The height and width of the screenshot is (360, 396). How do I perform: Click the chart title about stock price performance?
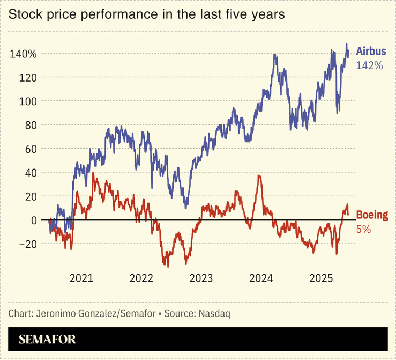coord(146,14)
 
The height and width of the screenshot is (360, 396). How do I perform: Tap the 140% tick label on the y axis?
coord(23,54)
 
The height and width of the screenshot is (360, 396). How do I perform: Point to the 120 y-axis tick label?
coord(27,77)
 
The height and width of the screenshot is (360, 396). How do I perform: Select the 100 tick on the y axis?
coord(27,101)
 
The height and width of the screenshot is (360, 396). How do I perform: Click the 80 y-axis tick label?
coord(29,125)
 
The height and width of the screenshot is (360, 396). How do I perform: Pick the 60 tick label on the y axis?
coord(29,149)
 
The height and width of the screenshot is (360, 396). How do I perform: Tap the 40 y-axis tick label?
coord(29,173)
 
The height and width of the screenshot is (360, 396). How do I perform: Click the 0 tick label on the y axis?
coord(33,220)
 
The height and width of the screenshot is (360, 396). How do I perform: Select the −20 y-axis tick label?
coord(26,244)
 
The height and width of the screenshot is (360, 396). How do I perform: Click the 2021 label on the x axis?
coord(81,278)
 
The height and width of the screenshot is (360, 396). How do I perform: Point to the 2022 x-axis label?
coord(141,278)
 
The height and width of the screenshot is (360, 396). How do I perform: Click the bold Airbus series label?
coord(371,53)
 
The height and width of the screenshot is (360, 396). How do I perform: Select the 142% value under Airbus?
coord(369,66)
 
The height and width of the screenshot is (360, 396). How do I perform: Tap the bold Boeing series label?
coord(372,216)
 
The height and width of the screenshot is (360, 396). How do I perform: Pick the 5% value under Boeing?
coord(363,229)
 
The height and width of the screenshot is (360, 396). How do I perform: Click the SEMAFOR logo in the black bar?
coord(47,339)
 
